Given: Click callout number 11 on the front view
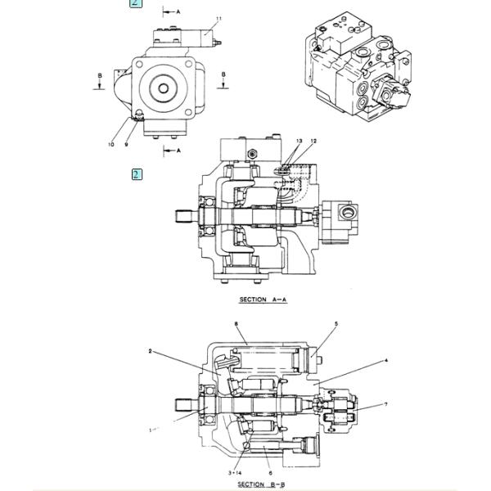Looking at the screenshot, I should pos(218,18).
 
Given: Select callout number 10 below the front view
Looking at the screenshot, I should pos(111,145).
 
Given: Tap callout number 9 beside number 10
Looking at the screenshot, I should pos(127,145).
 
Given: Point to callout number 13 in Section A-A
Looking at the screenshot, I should pos(300,142).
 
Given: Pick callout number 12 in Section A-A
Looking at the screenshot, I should pos(313,142).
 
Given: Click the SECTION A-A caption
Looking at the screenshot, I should pos(263,300).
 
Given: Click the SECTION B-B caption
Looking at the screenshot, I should pos(262,484).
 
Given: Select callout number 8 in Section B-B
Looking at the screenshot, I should pos(236,324).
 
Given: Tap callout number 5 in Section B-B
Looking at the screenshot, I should pos(336,324).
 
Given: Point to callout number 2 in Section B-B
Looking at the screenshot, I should pos(151,352).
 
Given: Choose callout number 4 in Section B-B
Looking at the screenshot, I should pos(386,360).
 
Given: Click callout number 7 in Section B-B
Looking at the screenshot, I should pos(386,404).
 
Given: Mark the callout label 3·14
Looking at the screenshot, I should pos(235,473).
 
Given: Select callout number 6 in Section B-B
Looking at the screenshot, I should pos(270,473).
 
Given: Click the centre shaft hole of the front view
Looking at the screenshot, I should pos(164,88).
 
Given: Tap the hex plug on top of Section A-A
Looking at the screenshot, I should pos(250,153).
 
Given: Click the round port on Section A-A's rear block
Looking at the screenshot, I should pos(343,213).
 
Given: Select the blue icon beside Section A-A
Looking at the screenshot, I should pos(137,174).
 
